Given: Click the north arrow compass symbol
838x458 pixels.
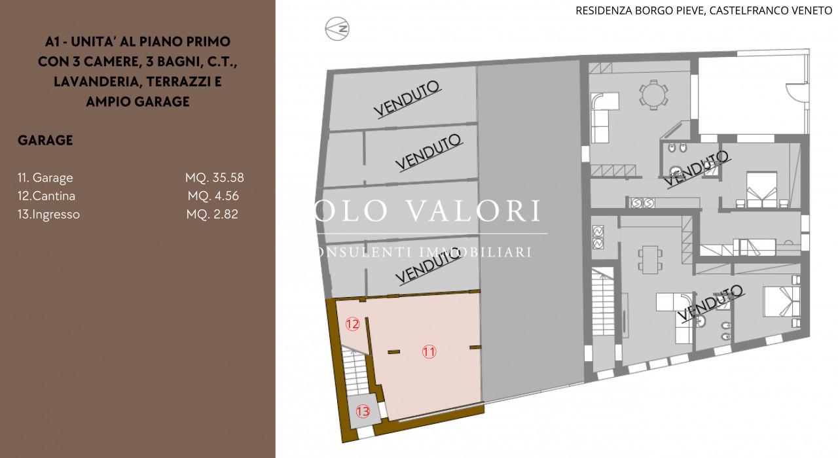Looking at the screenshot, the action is click(337, 29).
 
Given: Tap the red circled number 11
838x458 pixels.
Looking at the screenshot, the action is click(429, 351).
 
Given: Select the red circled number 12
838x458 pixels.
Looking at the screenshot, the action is click(352, 324).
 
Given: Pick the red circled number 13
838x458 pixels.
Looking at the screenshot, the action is click(363, 412).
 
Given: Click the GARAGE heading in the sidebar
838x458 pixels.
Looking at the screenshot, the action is click(45, 140).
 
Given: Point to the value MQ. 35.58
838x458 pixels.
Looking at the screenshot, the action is click(214, 177).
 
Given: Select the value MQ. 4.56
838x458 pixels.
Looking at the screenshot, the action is click(213, 196).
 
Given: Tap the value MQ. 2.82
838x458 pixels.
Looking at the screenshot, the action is click(212, 214).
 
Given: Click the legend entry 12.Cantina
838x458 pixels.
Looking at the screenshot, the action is click(46, 196).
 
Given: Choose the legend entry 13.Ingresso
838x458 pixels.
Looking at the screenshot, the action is click(48, 214).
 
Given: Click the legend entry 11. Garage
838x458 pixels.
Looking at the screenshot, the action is click(45, 177).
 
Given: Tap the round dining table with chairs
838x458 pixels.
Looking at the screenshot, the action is click(653, 95).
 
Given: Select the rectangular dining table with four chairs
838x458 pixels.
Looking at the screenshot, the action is click(650, 260).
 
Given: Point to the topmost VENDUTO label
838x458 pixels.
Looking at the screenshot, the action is click(407, 99).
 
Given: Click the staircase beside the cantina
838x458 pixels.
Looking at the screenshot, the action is click(354, 370).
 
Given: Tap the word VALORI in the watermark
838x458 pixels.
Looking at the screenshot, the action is click(473, 211).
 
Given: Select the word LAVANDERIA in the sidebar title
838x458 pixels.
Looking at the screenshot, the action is click(96, 82).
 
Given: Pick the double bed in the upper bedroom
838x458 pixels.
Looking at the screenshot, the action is click(761, 190).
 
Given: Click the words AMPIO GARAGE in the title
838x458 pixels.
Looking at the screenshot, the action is click(137, 101).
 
